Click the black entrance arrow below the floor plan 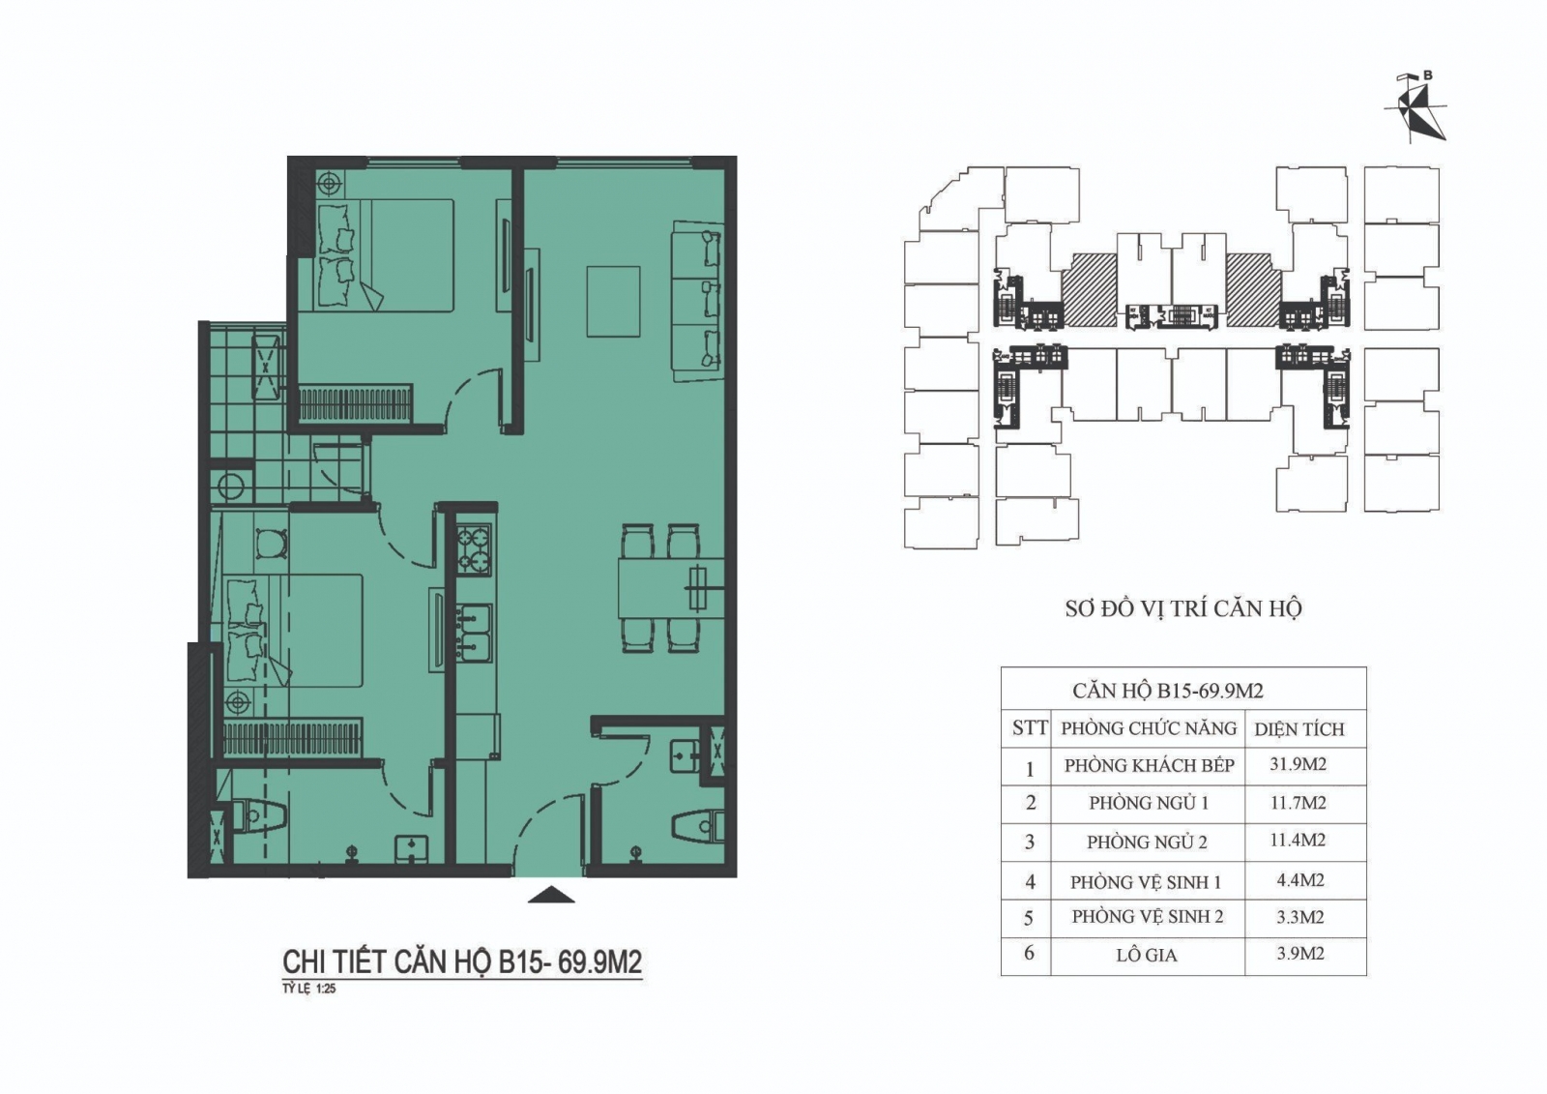551,895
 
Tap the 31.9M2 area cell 1298,764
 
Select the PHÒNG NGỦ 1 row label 1149,803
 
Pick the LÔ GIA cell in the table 1147,955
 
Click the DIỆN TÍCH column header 1299,729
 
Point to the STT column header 1030,727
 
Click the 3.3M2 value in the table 1299,917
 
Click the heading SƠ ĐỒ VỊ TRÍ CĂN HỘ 1183,608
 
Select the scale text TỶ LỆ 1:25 308,989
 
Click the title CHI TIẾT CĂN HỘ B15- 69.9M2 462,962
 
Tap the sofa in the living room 697,301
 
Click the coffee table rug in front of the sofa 613,302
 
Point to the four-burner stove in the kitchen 473,550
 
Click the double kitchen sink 474,634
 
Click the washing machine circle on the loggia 231,487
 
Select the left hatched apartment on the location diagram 1089,289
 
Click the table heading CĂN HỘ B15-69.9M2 1168,691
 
